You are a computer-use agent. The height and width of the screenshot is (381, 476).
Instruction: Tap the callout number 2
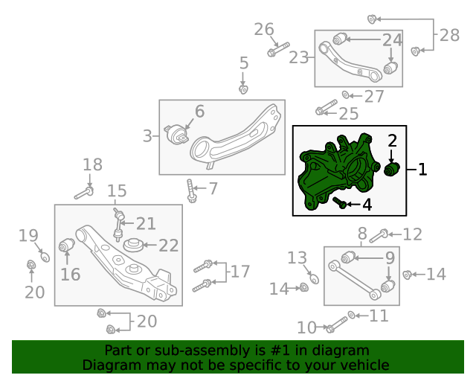coord(392,141)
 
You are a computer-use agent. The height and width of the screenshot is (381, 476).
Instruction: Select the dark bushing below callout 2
coord(392,169)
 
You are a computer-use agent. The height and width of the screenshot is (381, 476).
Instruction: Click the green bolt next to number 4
coord(339,202)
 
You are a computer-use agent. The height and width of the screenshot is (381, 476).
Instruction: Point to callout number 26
coord(264,30)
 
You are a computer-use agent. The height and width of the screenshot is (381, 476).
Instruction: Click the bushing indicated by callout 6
coord(176,134)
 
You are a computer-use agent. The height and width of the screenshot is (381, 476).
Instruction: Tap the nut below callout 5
coord(243,89)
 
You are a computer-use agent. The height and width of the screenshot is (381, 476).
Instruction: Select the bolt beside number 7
coord(191,190)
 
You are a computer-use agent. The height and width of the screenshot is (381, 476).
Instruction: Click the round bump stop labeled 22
coord(133,245)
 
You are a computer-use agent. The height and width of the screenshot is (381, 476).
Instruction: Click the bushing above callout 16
coord(66,246)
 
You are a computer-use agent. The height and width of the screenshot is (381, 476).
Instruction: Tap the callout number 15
coord(117,191)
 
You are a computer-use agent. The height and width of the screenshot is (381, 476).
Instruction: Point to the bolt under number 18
coord(84,193)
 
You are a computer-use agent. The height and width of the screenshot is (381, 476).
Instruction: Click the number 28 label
coord(449,35)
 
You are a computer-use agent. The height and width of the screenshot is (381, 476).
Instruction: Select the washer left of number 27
coord(346,95)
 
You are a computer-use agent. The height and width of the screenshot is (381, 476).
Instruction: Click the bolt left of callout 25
coord(327,107)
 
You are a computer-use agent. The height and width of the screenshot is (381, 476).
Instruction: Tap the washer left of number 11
coord(351,315)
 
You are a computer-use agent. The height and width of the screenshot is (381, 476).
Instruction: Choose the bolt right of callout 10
coord(336,324)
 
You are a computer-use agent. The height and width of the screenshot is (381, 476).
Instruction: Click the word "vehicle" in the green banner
coord(367,365)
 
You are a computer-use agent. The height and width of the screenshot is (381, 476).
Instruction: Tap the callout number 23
coord(299,57)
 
